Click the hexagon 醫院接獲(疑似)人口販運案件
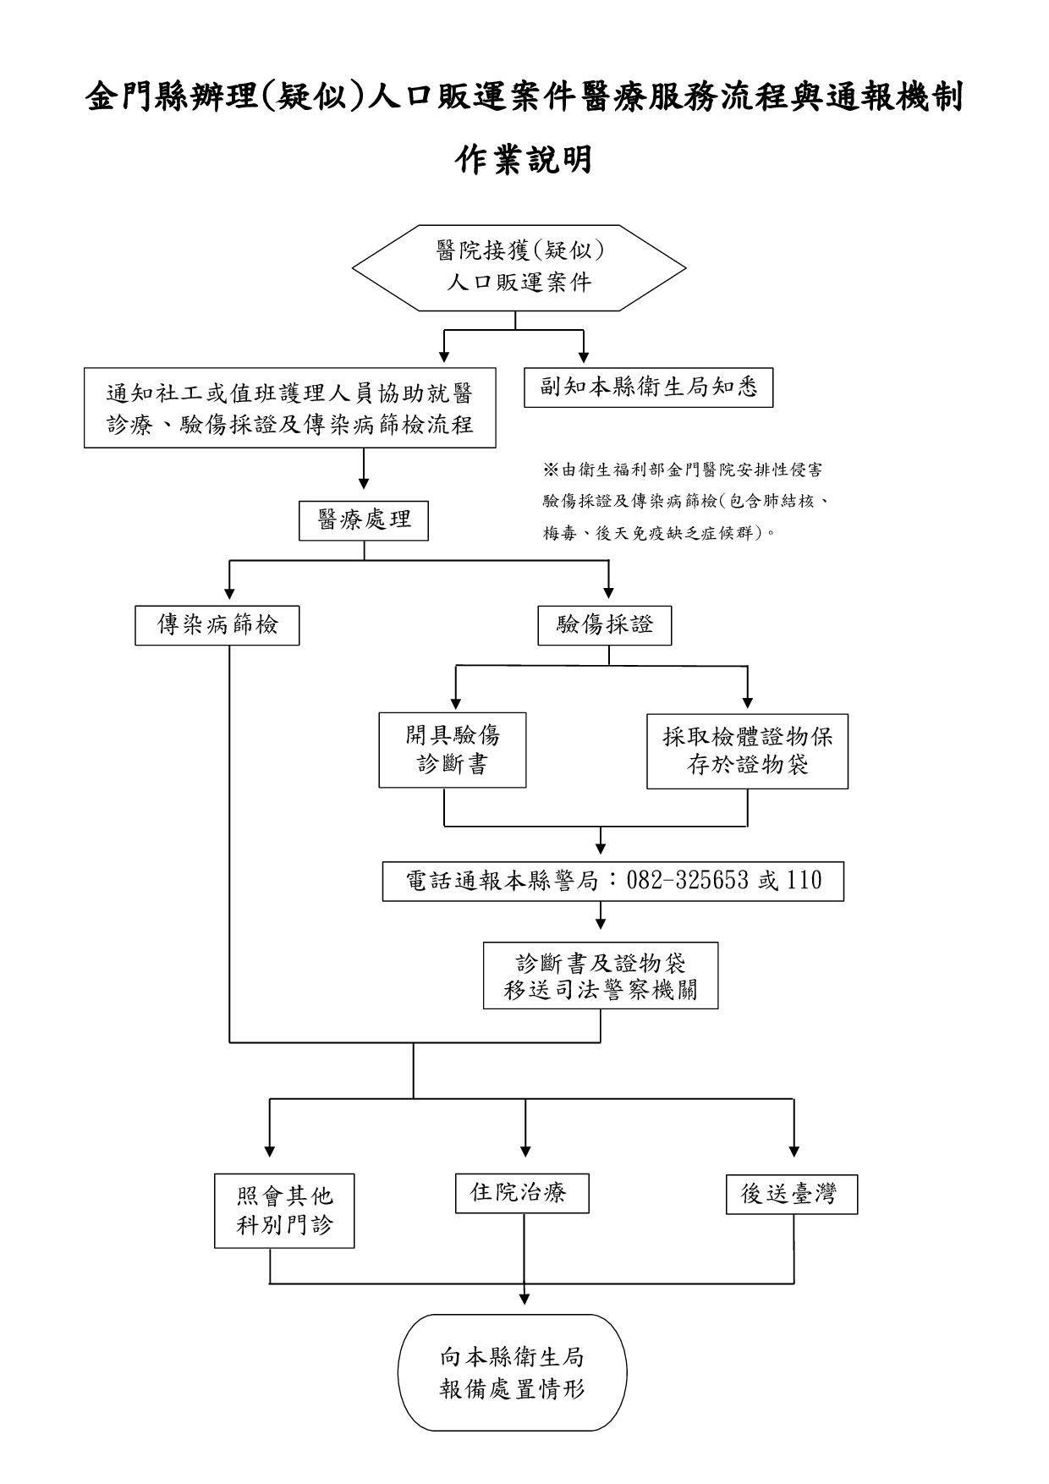[519, 267]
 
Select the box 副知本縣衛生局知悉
[648, 387]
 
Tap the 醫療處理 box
[364, 519]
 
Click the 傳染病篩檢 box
[217, 626]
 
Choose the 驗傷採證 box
[604, 626]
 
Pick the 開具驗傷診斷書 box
[452, 750]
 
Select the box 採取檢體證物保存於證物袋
[747, 750]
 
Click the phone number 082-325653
[687, 881]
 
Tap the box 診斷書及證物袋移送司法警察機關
[601, 976]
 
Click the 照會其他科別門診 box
[284, 1210]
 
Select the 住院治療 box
[521, 1193]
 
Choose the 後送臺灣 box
[791, 1195]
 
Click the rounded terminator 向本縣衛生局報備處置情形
[513, 1373]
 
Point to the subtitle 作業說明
[524, 159]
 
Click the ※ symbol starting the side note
[549, 470]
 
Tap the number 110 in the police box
[804, 881]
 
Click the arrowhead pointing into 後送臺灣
[794, 1151]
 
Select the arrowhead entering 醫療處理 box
[364, 483]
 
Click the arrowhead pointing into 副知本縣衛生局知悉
[584, 358]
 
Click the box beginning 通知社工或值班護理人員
[289, 408]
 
